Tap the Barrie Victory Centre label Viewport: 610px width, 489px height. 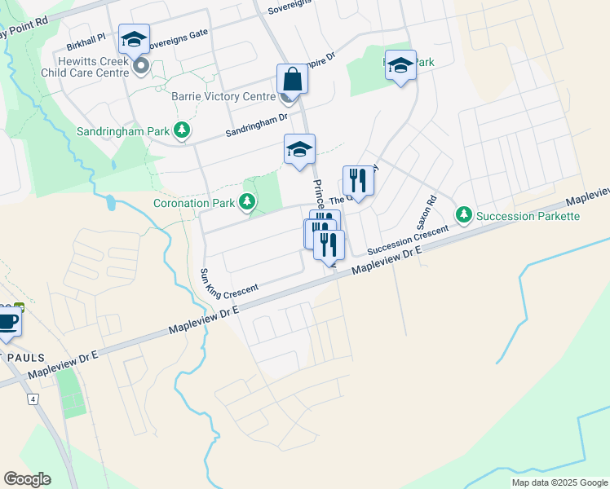coord(223,97)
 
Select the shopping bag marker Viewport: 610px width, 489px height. coord(292,80)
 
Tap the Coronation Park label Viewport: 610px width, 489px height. coord(194,202)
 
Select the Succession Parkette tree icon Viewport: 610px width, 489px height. coord(464,215)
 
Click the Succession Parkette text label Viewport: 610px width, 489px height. coord(528,216)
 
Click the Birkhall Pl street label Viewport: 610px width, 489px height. coord(87,37)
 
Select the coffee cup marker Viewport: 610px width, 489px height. coord(8,319)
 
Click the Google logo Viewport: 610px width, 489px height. coord(27,479)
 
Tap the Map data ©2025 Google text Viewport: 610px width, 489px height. coord(559,482)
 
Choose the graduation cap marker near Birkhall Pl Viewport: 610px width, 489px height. coord(135,38)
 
